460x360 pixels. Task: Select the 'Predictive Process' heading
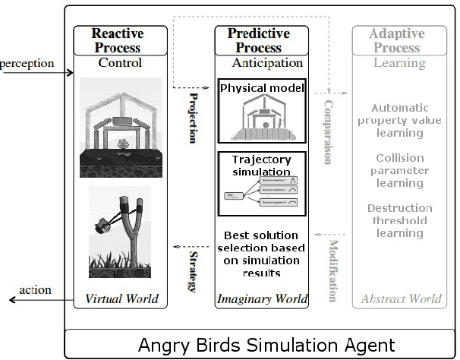259,40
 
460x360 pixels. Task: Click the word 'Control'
120,63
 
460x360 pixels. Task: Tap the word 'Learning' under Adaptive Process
399,63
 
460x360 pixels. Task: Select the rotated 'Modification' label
332,270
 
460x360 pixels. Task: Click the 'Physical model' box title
262,88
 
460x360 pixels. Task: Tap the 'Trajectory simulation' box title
260,165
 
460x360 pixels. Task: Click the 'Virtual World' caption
122,298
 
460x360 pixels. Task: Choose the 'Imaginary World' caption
262,298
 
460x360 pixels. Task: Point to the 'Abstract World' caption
399,298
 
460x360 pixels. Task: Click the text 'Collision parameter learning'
399,171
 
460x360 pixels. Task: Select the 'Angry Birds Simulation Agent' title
263,345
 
